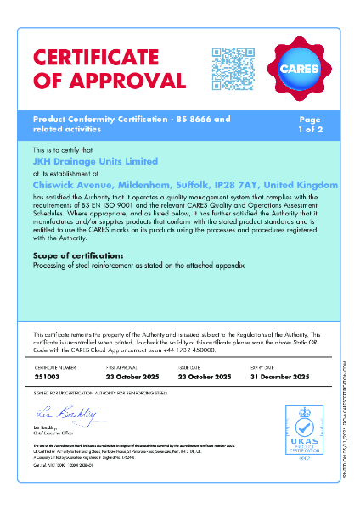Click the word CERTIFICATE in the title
click(98, 59)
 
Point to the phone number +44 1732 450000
click(173, 350)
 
